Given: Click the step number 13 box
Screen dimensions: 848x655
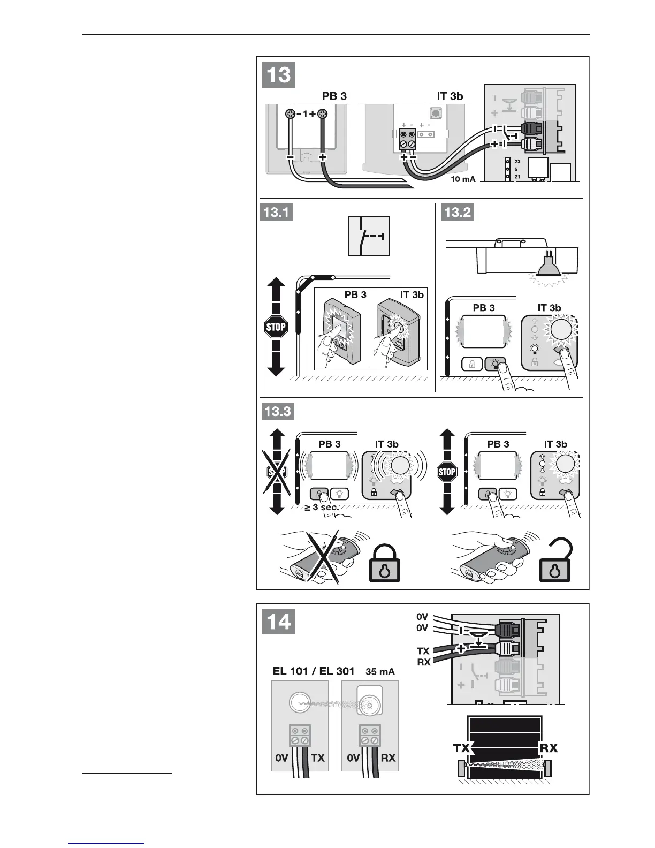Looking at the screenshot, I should [x=278, y=74].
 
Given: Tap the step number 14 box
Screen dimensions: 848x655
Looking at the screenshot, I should [x=279, y=622].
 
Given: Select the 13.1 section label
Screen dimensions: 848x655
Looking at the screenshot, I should [x=276, y=213].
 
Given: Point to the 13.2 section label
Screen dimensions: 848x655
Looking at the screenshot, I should [x=458, y=213].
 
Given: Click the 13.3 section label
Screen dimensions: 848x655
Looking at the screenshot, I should [x=277, y=412].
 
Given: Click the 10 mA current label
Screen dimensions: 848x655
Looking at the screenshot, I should [x=463, y=179].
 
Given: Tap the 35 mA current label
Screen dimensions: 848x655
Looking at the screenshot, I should [x=380, y=671].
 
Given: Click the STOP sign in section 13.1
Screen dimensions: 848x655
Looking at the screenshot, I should [x=276, y=327].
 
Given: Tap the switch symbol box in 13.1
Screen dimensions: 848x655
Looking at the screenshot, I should [x=369, y=236].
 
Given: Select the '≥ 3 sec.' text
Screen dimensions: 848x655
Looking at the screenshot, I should [x=322, y=507].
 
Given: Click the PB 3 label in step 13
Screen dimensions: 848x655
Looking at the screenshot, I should [x=334, y=96].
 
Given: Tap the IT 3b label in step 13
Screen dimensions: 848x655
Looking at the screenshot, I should [x=450, y=96].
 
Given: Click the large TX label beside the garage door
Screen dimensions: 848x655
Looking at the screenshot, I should [x=462, y=748].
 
